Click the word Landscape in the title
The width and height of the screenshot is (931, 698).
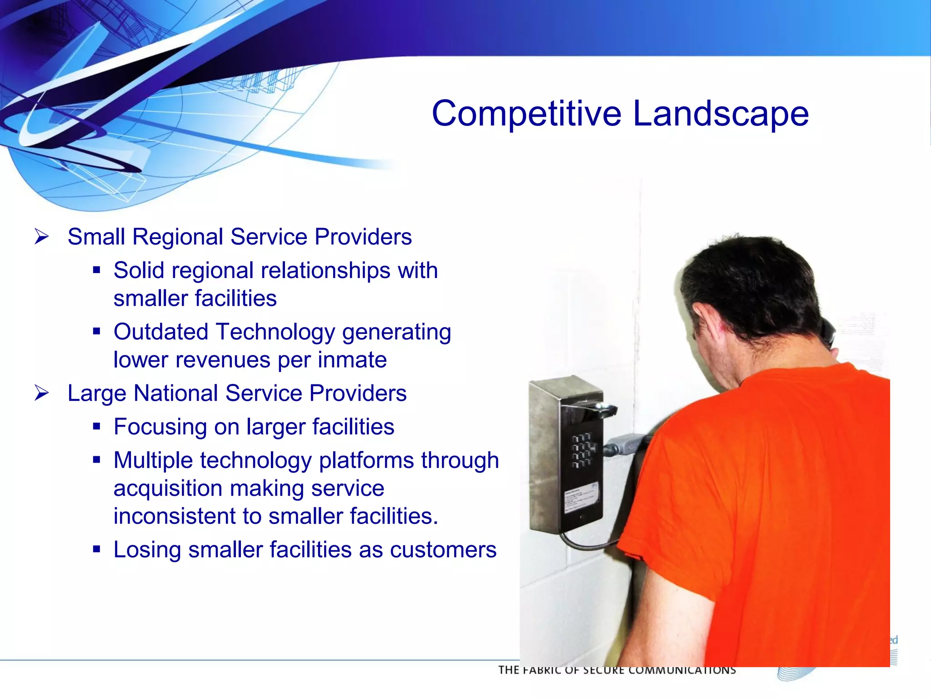[x=721, y=114]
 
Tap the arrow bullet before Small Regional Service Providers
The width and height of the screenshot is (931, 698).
[x=41, y=237]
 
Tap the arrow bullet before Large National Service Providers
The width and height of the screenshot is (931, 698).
[x=41, y=393]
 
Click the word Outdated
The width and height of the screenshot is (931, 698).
[x=161, y=331]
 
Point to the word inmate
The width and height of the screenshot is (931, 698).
[x=352, y=359]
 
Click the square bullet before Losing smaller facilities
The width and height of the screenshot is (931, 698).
[x=96, y=549]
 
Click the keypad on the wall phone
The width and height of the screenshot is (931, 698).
[x=583, y=450]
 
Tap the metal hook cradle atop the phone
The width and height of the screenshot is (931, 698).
[x=600, y=409]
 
